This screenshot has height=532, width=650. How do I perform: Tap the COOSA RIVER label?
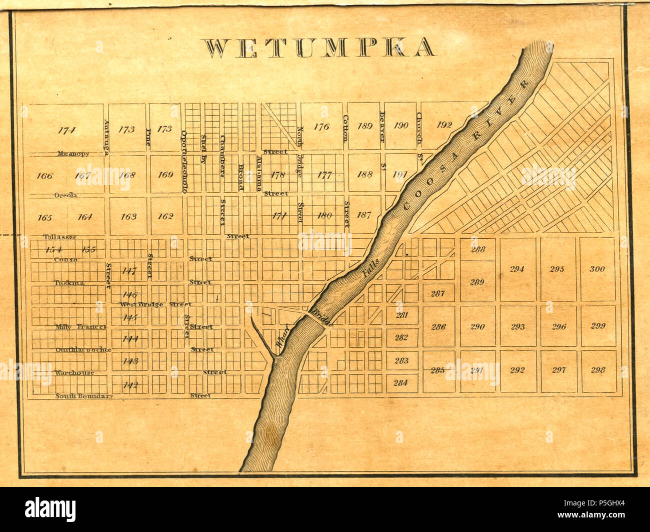click(x=465, y=145)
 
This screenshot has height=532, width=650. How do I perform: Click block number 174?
click(x=66, y=131)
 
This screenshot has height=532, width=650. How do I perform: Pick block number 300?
click(x=597, y=269)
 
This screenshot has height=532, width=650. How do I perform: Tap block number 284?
click(x=400, y=383)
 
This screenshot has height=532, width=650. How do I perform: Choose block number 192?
click(x=444, y=125)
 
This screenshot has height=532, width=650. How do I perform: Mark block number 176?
click(x=321, y=127)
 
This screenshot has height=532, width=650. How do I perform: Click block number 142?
click(x=130, y=385)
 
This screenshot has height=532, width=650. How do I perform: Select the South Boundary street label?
click(x=84, y=396)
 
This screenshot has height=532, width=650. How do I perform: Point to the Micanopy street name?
click(x=73, y=154)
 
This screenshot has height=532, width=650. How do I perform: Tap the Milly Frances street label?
click(x=81, y=327)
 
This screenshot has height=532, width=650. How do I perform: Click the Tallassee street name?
click(x=59, y=237)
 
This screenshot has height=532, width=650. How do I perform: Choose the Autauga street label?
click(x=106, y=138)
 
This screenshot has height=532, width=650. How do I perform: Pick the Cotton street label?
click(x=345, y=129)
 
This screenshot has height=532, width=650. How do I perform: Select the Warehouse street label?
click(x=74, y=373)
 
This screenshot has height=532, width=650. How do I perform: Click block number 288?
click(x=477, y=249)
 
